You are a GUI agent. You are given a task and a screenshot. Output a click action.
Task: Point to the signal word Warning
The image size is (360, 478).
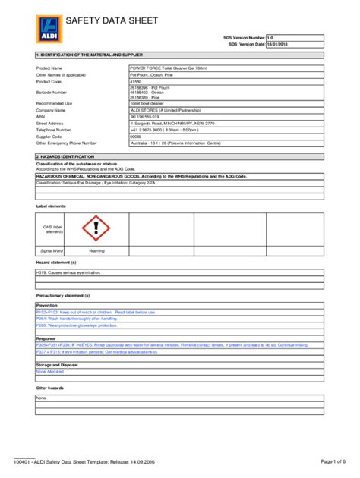coord(96,250)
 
